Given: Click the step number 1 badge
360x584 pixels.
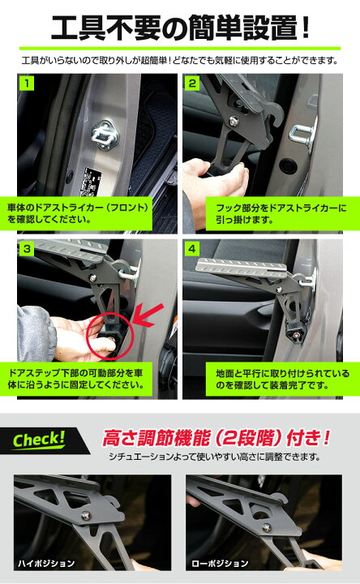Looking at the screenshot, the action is pos(27,83).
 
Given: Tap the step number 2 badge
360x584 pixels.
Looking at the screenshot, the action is pos(192,83).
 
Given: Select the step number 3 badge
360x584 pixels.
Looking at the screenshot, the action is pos(27,248).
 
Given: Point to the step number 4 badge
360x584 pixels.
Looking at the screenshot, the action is pos(192,248).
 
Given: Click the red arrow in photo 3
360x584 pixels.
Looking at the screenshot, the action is pos(148,316).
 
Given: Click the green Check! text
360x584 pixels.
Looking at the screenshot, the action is pos(39,440).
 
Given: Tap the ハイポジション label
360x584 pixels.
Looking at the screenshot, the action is pos(46,563).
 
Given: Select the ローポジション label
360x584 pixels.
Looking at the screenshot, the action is pos(220,563).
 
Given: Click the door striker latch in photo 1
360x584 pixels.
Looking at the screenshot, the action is pos(105,134).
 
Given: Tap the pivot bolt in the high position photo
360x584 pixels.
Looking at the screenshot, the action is pos(87,516).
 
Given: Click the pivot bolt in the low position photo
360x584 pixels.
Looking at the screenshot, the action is pos(267,527).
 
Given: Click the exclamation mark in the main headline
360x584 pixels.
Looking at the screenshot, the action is pos(306,28).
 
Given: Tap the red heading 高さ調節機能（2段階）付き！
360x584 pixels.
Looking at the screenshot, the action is pos(216,438).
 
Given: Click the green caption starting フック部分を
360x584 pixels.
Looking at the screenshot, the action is pos(282,214).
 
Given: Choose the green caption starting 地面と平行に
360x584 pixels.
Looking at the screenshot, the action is pos(282,379).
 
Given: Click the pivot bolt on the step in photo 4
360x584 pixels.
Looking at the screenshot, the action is pos(278,290).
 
